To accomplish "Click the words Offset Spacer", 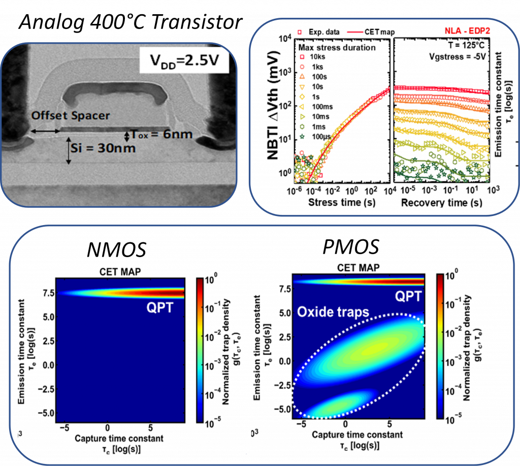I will point(71,115).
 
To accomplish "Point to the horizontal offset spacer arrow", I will point(45,132).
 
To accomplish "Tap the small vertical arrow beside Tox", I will point(126,136).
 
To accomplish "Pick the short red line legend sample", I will point(355,32).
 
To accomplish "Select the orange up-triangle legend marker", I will point(302,76).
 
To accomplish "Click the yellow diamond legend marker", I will point(302,96).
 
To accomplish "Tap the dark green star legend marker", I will point(302,136).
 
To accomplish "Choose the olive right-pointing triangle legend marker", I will point(302,116).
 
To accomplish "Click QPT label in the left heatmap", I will point(159,307).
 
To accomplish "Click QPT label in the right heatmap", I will point(408,296).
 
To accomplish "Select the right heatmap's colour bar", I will point(440,346).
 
